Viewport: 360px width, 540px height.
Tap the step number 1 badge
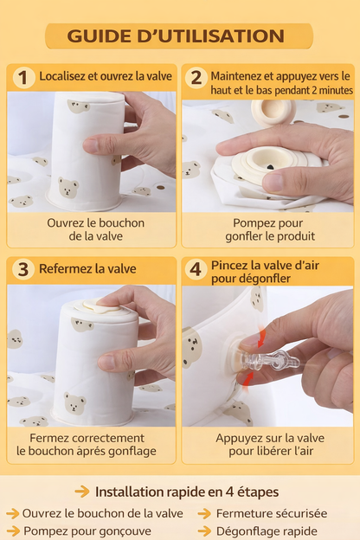pos(22,77)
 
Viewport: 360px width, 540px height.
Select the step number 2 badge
pos(196,77)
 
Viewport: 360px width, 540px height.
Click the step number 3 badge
pos(22,269)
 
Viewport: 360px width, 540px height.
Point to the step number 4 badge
pos(196,269)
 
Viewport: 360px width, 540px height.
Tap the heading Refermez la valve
pos(86,269)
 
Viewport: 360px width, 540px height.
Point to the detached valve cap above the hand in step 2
pos(273,112)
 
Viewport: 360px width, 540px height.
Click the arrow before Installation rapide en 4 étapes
pos(82,492)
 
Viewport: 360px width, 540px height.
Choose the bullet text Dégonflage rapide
pos(266,531)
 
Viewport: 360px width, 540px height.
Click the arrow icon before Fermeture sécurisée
pos(204,513)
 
